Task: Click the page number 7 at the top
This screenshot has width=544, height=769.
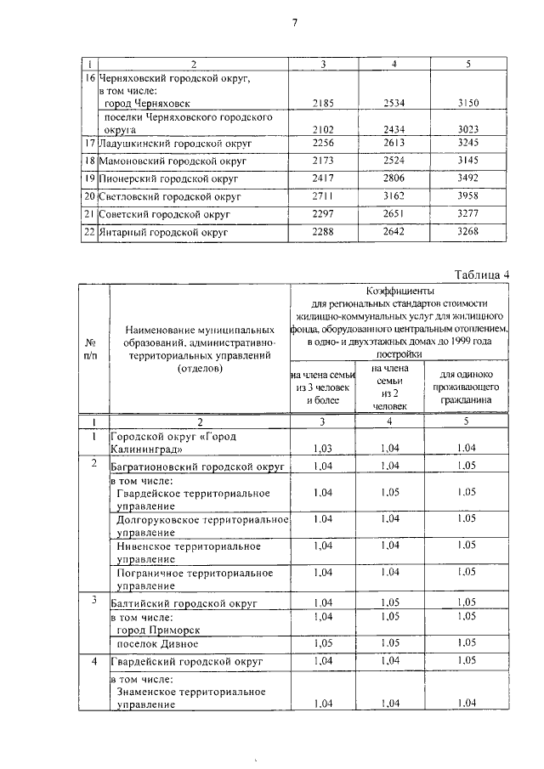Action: (x=294, y=23)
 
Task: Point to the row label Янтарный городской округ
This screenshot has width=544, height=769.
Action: (x=165, y=231)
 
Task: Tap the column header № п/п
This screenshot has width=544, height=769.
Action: (x=91, y=348)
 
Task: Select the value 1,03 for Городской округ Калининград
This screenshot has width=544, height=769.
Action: (x=325, y=448)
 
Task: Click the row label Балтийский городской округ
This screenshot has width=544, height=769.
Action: (x=173, y=602)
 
